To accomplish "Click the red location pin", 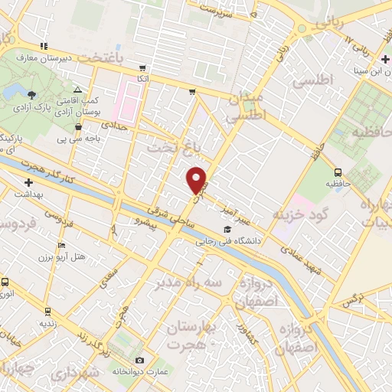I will pyautogui.click(x=197, y=179).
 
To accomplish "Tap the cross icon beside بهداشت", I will pyautogui.click(x=29, y=183).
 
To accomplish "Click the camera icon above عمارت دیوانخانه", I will pyautogui.click(x=139, y=360).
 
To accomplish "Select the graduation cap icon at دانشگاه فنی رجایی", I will pyautogui.click(x=226, y=230).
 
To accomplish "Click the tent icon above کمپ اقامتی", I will pyautogui.click(x=78, y=90).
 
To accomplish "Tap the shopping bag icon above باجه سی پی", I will pyautogui.click(x=79, y=127).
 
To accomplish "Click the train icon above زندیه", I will pyautogui.click(x=48, y=312).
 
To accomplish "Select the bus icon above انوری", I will pyautogui.click(x=5, y=282).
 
